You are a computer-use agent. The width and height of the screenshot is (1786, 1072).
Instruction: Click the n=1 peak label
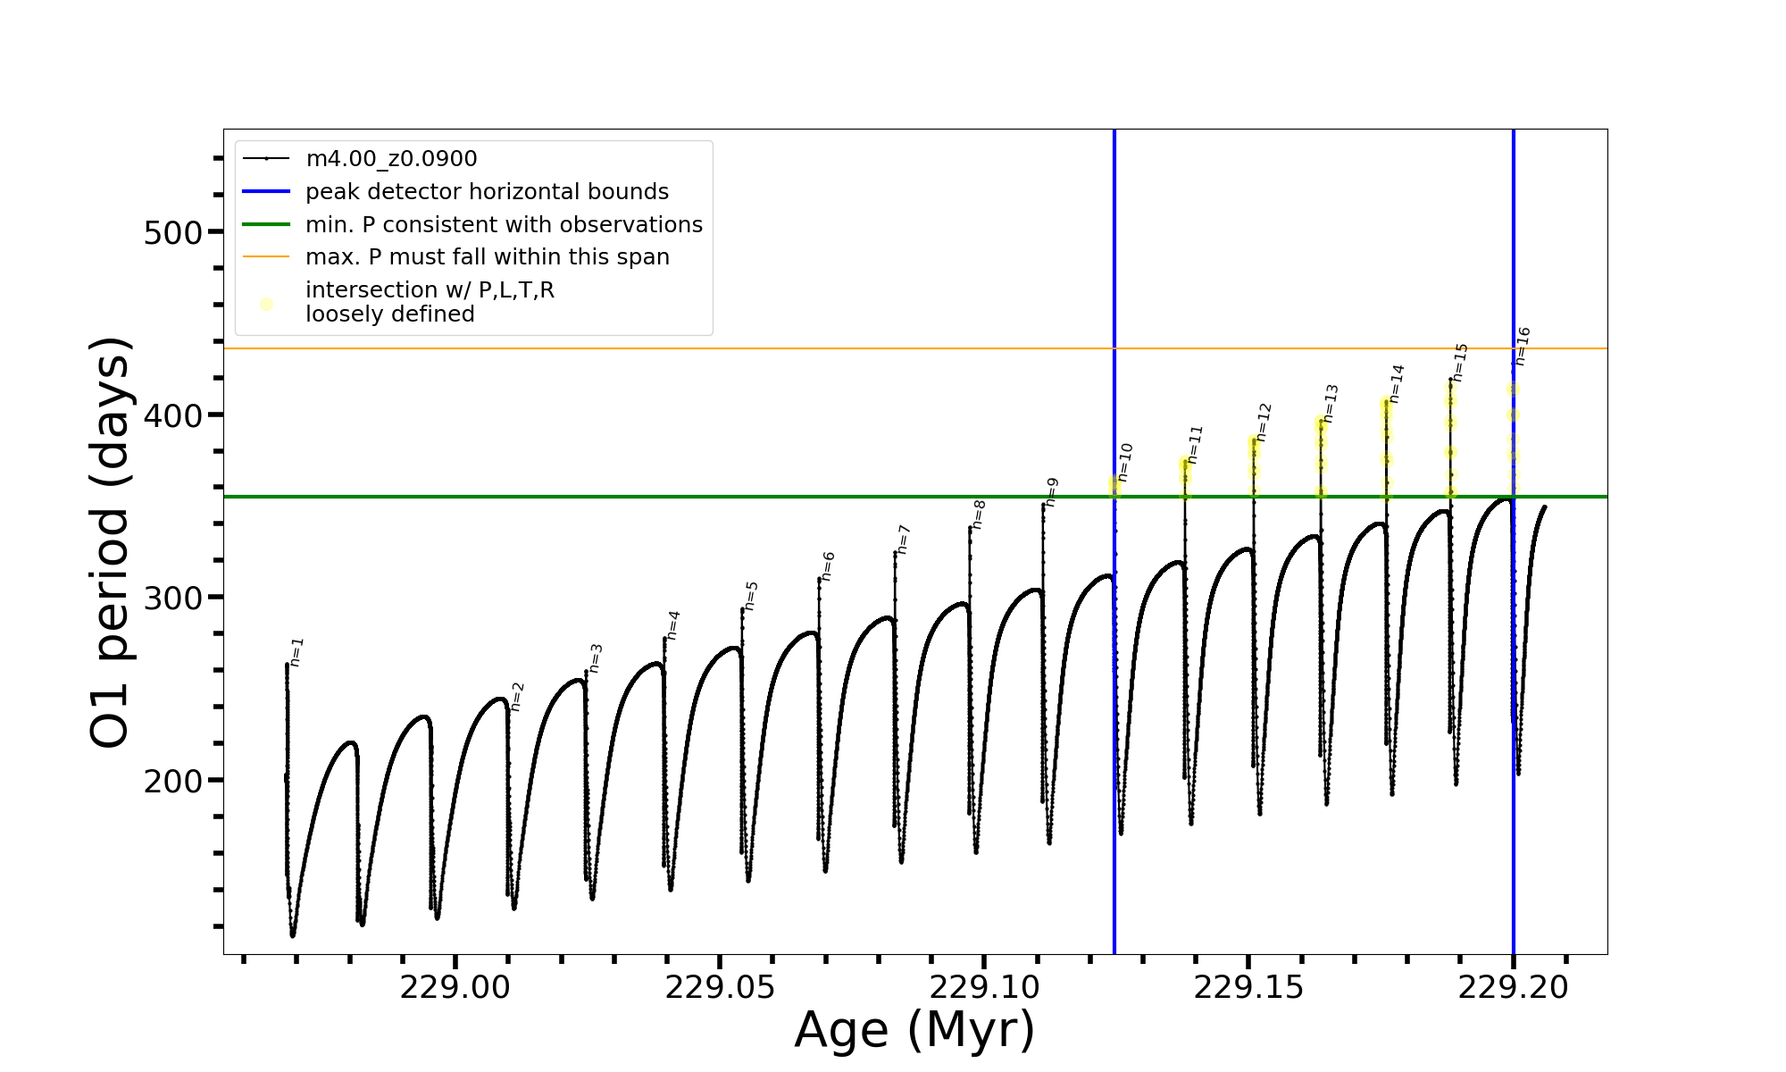click(297, 652)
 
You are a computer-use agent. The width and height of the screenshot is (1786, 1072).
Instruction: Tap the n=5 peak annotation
click(751, 596)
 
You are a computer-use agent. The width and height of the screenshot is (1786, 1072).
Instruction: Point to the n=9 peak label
click(1052, 492)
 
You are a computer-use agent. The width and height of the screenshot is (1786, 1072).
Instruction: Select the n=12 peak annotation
click(1263, 423)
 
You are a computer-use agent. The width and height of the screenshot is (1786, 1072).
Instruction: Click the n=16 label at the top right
click(1523, 347)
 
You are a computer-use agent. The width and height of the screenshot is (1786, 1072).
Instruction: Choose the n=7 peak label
click(904, 540)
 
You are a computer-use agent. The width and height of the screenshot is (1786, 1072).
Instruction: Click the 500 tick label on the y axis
click(173, 232)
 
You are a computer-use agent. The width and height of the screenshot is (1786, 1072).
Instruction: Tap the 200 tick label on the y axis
click(173, 781)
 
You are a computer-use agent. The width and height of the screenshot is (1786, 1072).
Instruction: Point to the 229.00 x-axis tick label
click(455, 988)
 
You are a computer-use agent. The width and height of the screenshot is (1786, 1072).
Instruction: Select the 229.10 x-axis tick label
click(984, 988)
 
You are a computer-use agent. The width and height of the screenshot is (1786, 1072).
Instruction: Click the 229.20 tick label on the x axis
click(1513, 988)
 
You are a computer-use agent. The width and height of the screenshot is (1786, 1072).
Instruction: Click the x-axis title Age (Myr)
click(914, 1030)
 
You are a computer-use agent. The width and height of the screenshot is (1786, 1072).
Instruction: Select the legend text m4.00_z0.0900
click(391, 159)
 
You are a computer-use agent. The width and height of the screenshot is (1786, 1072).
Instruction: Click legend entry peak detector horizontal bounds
click(487, 192)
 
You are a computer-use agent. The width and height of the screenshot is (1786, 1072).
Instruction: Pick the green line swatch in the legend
click(266, 224)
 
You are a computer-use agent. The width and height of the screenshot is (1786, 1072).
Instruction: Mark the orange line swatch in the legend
click(266, 257)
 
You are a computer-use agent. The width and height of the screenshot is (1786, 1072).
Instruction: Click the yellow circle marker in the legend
click(266, 304)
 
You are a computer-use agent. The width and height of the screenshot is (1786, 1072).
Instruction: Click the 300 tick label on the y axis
click(173, 598)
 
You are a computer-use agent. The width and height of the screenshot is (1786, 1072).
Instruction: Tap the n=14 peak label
click(1397, 384)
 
